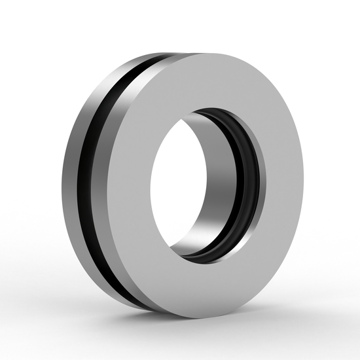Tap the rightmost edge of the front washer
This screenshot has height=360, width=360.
click(303, 183)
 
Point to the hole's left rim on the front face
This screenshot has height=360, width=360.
click(152, 183)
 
